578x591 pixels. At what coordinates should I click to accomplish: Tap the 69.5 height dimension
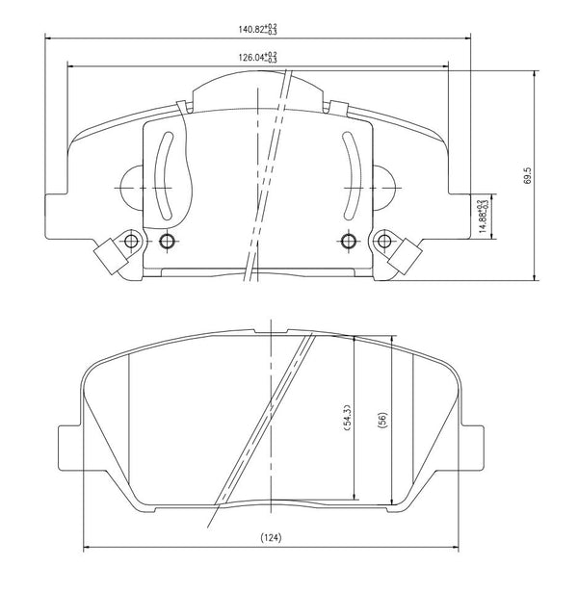pos(527,175)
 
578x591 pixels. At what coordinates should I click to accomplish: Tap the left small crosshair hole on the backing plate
pos(167,240)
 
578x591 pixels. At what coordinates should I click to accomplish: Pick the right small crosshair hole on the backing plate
pos(348,240)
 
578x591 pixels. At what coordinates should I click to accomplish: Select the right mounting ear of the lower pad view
pos(472,445)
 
